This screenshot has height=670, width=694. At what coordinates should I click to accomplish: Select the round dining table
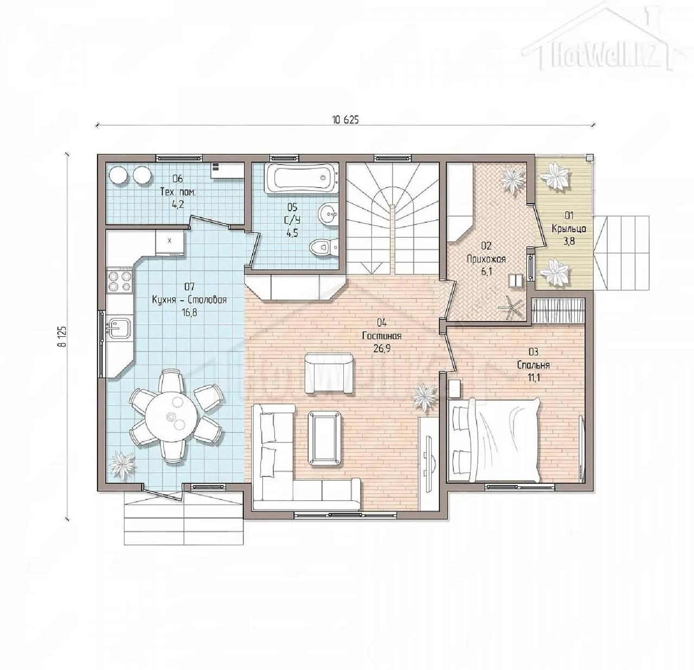(x=171, y=417)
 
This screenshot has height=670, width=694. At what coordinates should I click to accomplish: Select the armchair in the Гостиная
(x=329, y=373)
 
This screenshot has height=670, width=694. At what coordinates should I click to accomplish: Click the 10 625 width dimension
(x=345, y=120)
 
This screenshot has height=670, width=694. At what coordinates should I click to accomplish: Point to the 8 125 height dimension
(x=63, y=336)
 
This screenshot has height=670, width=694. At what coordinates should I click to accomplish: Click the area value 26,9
(x=382, y=348)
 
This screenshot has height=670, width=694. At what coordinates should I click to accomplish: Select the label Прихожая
(x=486, y=259)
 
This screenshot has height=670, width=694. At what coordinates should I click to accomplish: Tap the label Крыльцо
(x=569, y=229)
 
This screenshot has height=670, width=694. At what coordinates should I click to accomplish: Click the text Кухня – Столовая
(x=189, y=300)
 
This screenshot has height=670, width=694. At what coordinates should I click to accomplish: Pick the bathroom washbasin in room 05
(x=327, y=214)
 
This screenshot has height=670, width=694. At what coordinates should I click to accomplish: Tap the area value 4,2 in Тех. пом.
(x=177, y=205)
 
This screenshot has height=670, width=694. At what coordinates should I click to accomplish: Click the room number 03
(x=533, y=352)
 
